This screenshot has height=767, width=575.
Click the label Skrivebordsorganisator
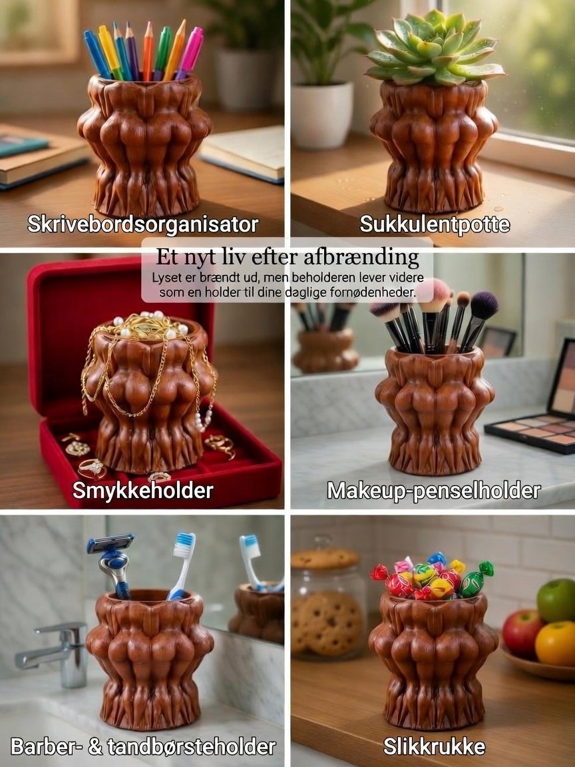coord(143,224)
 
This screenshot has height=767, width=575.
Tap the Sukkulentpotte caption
coord(435,224)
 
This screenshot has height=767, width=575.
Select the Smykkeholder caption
coord(143,490)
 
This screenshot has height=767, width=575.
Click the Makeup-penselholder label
coord(434,491)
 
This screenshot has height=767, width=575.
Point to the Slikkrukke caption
coord(434,746)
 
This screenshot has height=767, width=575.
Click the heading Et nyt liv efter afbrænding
coord(287,257)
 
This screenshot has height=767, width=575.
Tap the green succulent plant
coord(434,48)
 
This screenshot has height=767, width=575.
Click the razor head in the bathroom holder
coord(110,543)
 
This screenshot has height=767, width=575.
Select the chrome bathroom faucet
coord(56,653)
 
